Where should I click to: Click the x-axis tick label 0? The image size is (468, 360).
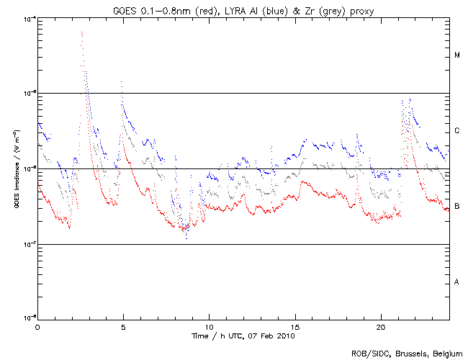coord(37,326)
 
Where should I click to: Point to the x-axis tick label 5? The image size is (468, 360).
coord(123,326)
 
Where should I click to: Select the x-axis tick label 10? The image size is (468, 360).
coord(209,326)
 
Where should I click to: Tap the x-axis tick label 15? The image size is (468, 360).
coord(295,326)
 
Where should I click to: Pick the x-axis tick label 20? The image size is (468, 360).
coord(381,326)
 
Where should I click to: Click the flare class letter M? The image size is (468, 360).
coord(457,55)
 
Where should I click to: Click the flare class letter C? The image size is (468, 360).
coord(457,131)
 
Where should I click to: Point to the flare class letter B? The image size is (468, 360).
coord(457,207)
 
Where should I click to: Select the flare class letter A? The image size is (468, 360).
coord(457,282)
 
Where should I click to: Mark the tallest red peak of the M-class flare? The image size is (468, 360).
coord(82,32)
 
